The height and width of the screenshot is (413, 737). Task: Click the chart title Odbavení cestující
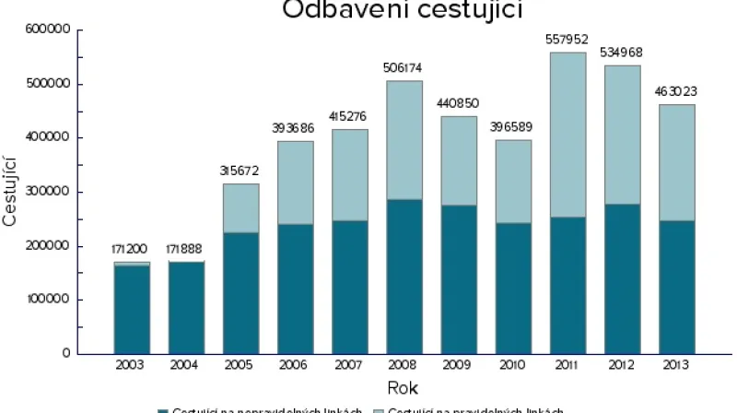[x=402, y=10]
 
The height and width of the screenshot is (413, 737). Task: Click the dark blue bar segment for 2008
[x=404, y=276]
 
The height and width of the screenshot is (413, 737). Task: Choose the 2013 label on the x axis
[x=677, y=366]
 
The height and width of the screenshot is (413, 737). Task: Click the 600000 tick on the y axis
[x=52, y=30]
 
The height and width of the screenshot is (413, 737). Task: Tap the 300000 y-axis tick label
[x=52, y=192]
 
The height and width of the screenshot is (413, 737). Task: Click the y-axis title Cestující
[x=11, y=192]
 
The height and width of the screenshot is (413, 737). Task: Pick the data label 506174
[x=404, y=68]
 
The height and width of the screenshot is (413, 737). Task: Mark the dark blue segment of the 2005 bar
[x=240, y=292]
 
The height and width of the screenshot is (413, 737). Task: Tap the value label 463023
[x=677, y=92]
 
